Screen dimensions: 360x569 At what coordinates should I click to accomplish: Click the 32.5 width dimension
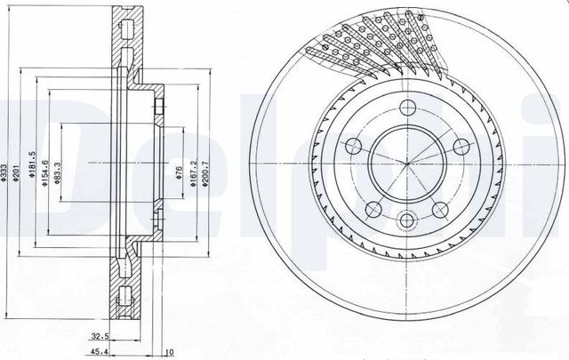(x=100, y=336)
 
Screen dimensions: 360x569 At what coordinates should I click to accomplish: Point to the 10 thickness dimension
(x=169, y=351)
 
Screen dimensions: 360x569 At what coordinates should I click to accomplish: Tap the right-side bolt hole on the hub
(x=461, y=147)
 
